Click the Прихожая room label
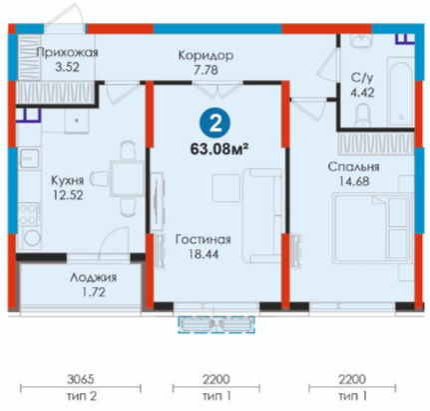pos(67,53)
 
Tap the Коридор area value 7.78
pos(206,70)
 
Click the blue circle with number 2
pos(215,124)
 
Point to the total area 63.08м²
pos(219,149)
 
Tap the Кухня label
pos(68,180)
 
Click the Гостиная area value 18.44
pos(204,254)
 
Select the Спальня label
pos(353,167)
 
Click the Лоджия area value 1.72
pos(94,292)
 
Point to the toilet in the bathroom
pos(362,115)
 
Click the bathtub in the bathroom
pos(400,91)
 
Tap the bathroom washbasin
pos(360,42)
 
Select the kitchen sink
pos(29,158)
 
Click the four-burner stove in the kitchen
pos(27,214)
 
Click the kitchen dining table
pos(127,178)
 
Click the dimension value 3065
pos(81,379)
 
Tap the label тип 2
pos(82,396)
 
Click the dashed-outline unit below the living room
pos(216,325)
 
